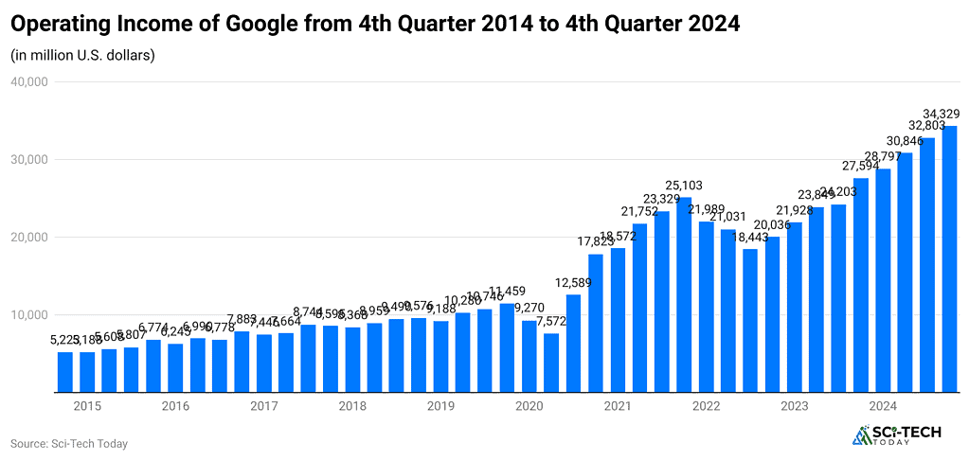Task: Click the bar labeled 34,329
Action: [x=949, y=258]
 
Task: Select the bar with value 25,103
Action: [x=684, y=294]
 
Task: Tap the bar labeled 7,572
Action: [x=551, y=363]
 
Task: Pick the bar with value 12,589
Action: [x=573, y=343]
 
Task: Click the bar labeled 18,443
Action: [x=750, y=320]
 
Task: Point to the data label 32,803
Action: [x=927, y=126]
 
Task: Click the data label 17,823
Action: [x=596, y=242]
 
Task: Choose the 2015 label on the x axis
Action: [x=87, y=406]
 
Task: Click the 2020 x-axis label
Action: [x=529, y=406]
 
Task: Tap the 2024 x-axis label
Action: [x=883, y=406]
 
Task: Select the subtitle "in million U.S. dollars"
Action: [x=83, y=55]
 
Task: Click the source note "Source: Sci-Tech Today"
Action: [x=69, y=443]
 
